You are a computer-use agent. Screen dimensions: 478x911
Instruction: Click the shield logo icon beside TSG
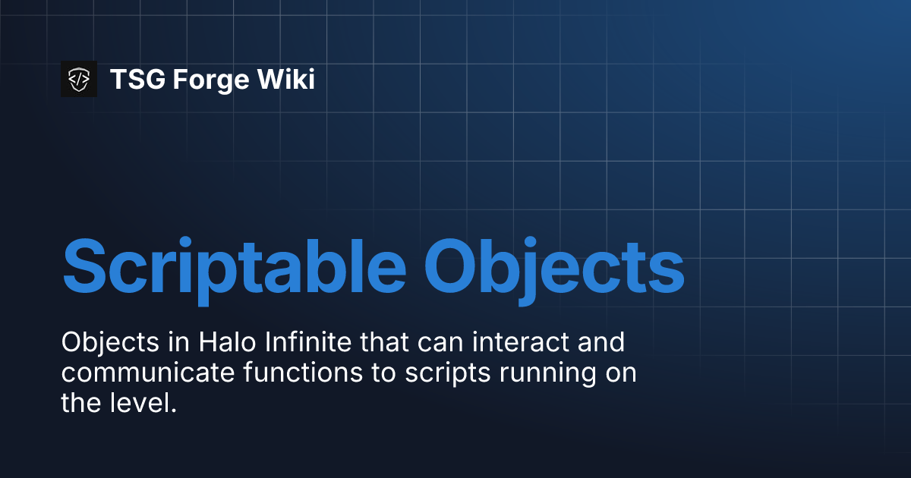[x=79, y=79]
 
